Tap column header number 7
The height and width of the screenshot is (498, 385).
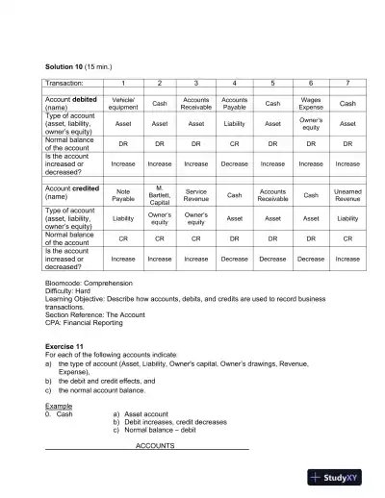[347, 85]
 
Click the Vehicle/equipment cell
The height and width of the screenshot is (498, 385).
[123, 103]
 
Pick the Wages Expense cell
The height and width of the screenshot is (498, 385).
[311, 103]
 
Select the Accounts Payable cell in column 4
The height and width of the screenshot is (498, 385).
[234, 103]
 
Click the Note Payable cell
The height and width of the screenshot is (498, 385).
[123, 195]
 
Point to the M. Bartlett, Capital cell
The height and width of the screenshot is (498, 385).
[160, 195]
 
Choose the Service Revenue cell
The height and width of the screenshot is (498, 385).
[196, 195]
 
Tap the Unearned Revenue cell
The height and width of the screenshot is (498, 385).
[347, 195]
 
